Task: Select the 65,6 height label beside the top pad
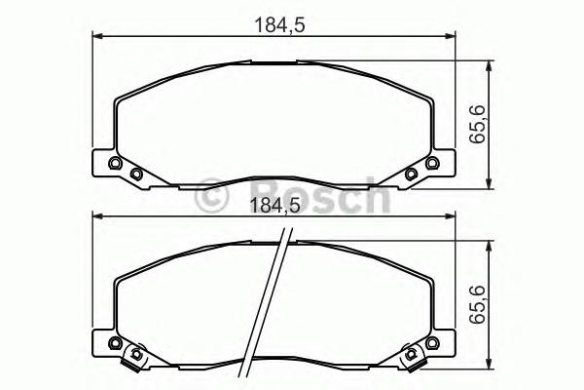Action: (476, 126)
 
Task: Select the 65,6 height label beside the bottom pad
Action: (476, 306)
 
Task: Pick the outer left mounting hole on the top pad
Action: (116, 164)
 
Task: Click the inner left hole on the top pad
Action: (136, 175)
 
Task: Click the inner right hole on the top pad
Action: (411, 175)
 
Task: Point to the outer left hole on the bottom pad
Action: (116, 343)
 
